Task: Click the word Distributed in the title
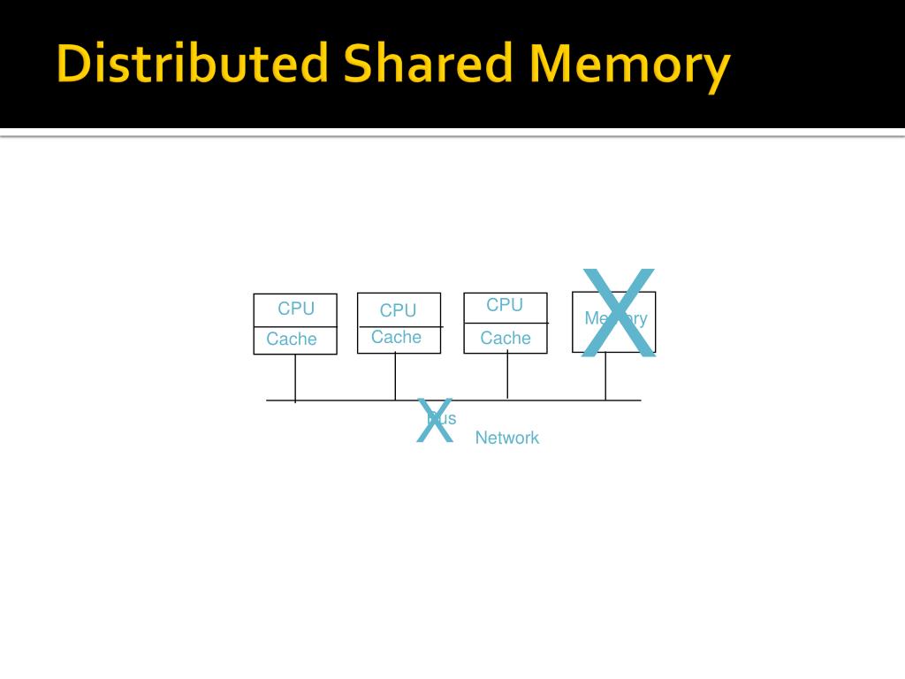(192, 66)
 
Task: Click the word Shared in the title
(427, 66)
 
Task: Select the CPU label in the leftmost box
(296, 309)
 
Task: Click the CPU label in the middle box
(398, 310)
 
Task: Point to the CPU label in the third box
(505, 305)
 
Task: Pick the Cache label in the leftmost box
(292, 339)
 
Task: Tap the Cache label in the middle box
(396, 337)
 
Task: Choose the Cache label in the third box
(506, 338)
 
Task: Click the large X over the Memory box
(618, 313)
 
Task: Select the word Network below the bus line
(506, 438)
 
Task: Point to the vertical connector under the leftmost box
(295, 378)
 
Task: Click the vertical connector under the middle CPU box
(395, 377)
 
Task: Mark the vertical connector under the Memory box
(605, 377)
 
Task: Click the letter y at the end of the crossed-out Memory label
(643, 319)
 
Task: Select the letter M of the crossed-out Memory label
(591, 318)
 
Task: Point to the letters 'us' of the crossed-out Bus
(448, 418)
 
